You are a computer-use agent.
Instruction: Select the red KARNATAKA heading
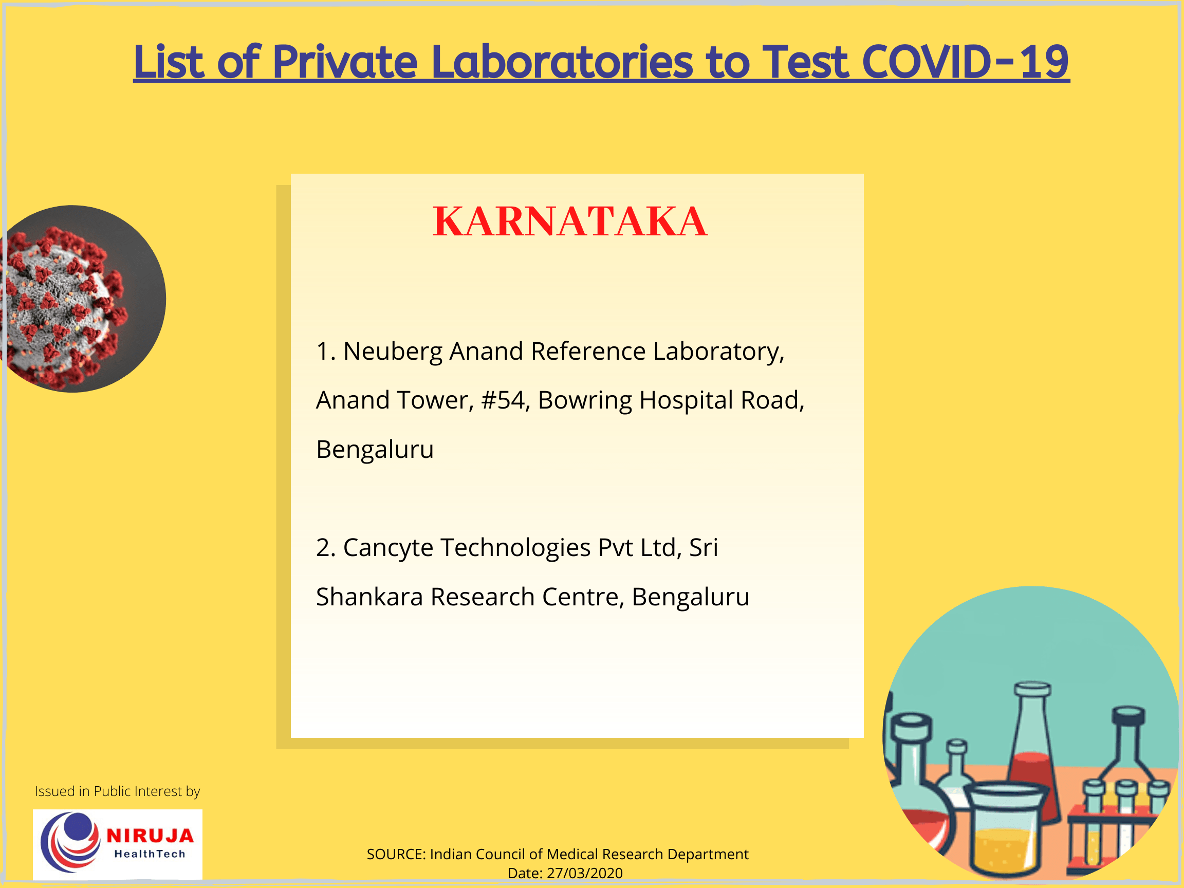pos(569,221)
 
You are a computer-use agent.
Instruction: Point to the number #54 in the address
pos(502,400)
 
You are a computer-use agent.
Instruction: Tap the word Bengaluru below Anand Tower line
pos(375,450)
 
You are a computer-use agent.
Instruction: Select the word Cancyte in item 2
pos(387,548)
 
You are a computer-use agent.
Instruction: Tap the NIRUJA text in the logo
pos(150,836)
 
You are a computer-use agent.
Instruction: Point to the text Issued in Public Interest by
pos(117,791)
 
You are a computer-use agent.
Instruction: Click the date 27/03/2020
pos(584,873)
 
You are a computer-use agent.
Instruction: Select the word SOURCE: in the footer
pos(396,854)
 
